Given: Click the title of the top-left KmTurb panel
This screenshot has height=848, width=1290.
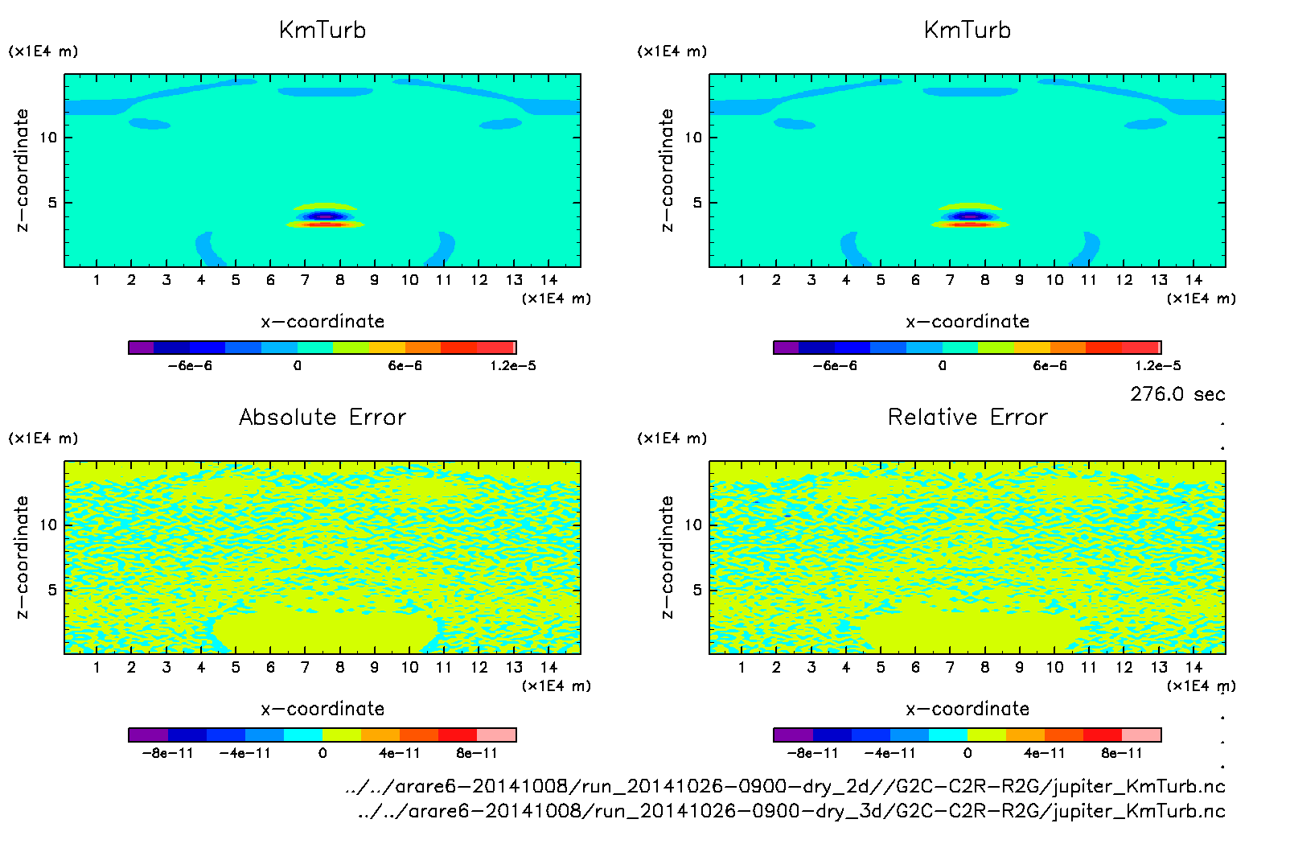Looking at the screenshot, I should click(322, 31).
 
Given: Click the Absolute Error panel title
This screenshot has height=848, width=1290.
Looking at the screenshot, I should click(322, 418).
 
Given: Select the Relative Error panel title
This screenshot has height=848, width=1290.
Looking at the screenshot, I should click(967, 418).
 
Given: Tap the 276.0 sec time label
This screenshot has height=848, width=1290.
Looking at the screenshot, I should click(1177, 394).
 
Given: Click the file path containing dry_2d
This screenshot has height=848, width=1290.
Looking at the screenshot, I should click(785, 786).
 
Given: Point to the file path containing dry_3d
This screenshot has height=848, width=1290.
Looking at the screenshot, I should click(791, 811).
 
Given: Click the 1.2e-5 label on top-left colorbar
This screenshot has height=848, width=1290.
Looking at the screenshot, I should click(513, 366).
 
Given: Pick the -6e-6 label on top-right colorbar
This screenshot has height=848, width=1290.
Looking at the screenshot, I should click(835, 366).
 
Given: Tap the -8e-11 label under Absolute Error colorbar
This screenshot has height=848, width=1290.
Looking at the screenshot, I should click(168, 754).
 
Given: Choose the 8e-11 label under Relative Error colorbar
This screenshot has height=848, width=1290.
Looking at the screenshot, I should click(1122, 754).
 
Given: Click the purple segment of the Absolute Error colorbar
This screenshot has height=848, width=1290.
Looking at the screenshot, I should click(148, 735).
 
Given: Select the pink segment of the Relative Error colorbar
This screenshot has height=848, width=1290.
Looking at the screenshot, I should click(1141, 735).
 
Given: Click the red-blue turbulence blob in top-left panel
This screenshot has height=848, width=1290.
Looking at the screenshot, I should click(324, 216).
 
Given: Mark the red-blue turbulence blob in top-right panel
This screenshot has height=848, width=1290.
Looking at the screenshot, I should click(970, 216).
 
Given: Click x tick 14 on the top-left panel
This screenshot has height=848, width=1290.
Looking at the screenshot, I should click(548, 280).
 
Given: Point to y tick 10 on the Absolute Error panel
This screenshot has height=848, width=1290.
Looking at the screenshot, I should click(48, 525).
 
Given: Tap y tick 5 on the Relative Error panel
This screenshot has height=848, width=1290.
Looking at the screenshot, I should click(696, 591).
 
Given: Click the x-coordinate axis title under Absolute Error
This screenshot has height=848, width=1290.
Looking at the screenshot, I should click(322, 709).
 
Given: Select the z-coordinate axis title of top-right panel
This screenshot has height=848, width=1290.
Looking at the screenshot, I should click(668, 171).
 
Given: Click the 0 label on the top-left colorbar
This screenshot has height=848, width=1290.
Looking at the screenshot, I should click(298, 366).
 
